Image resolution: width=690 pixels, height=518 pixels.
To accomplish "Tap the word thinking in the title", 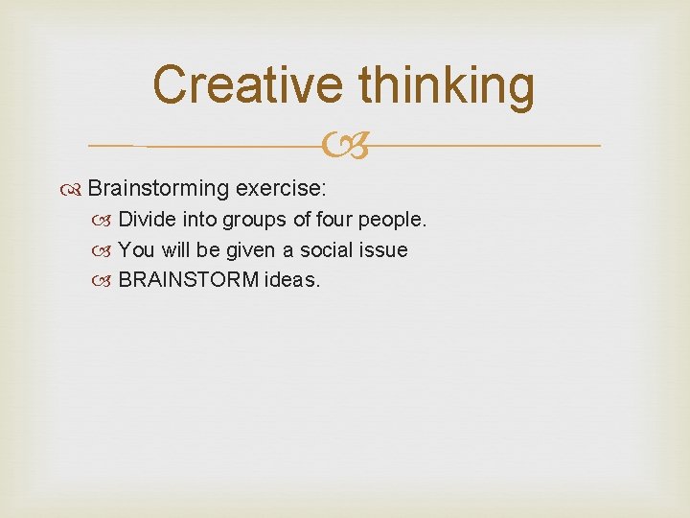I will [x=446, y=86].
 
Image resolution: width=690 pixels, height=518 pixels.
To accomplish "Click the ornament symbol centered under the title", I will [x=345, y=146].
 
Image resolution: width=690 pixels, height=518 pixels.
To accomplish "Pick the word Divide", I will [x=147, y=220].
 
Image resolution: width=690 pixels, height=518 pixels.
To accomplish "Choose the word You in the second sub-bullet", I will [x=136, y=250].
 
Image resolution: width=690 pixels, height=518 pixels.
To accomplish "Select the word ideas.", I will [x=297, y=281].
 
